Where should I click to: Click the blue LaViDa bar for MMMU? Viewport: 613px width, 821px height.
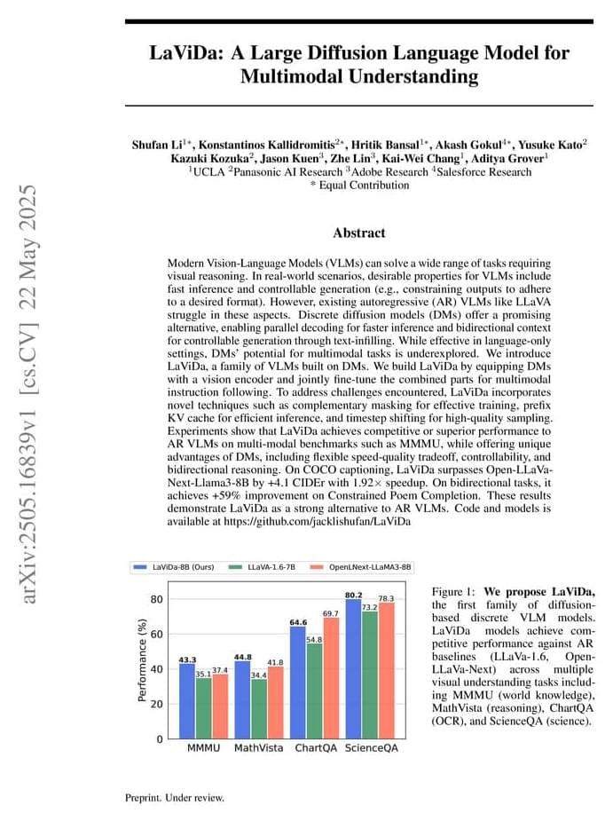click(x=187, y=701)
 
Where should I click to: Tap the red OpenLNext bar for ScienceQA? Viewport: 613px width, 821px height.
click(x=386, y=670)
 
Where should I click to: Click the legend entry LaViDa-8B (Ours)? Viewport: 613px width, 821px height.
click(x=175, y=566)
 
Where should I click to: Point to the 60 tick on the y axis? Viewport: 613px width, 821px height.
click(x=157, y=634)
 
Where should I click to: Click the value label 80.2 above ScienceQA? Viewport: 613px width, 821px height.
click(x=353, y=595)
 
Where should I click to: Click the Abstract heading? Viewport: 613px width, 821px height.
click(x=358, y=233)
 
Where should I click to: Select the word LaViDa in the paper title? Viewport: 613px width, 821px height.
click(x=185, y=52)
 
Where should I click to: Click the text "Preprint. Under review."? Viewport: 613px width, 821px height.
click(x=175, y=798)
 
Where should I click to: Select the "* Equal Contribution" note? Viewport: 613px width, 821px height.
click(x=359, y=186)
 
